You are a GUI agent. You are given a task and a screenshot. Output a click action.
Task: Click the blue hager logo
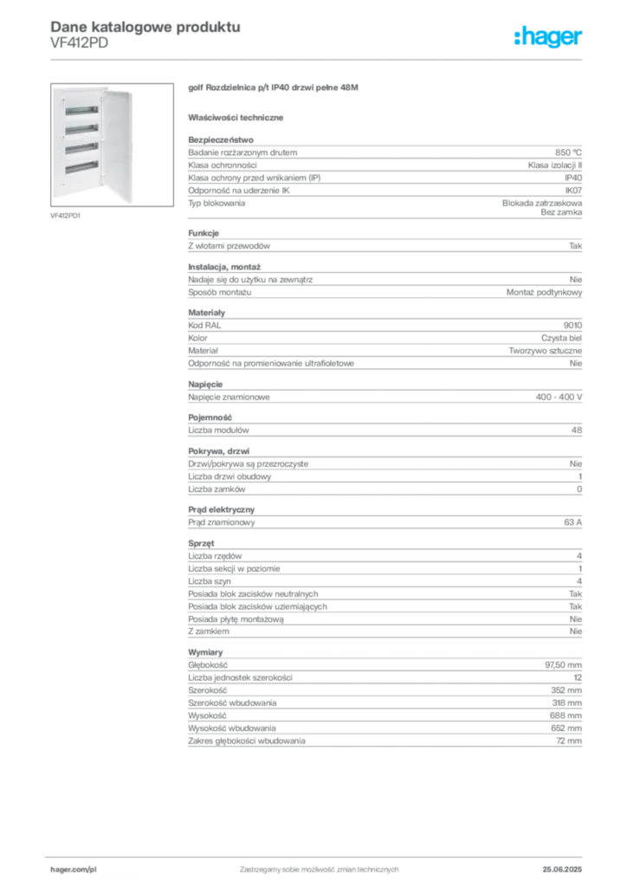pyautogui.click(x=549, y=37)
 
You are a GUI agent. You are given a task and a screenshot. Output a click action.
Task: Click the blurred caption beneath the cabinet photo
pyautogui.click(x=66, y=217)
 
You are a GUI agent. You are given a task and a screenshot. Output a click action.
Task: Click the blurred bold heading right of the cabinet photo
pyautogui.click(x=273, y=89)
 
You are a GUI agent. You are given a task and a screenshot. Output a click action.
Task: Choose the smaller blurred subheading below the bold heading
pyautogui.click(x=238, y=117)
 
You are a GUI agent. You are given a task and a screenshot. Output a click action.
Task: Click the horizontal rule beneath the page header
pyautogui.click(x=346, y=59)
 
